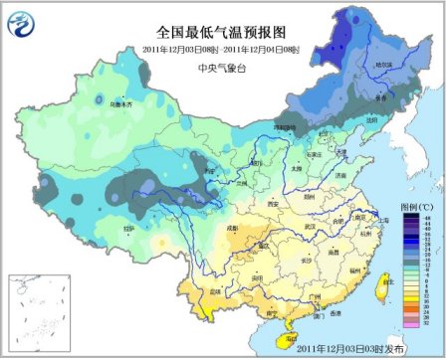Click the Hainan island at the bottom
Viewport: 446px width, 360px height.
tap(283, 341)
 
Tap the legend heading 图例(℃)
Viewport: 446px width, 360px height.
tap(413, 210)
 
